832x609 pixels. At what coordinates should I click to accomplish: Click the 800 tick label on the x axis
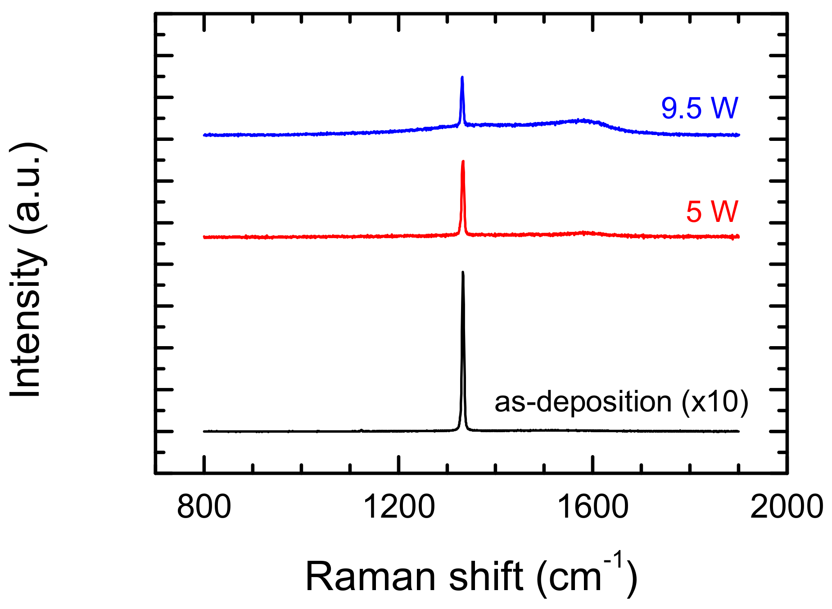pyautogui.click(x=204, y=507)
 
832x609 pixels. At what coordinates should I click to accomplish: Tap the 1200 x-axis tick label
pyautogui.click(x=399, y=507)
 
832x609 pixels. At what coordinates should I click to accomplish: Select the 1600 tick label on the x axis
pyautogui.click(x=593, y=507)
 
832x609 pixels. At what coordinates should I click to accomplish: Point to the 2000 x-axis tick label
pyautogui.click(x=787, y=507)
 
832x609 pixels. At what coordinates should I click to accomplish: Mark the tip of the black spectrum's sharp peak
pyautogui.click(x=462, y=272)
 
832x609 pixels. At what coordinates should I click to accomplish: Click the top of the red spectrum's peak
pyautogui.click(x=463, y=161)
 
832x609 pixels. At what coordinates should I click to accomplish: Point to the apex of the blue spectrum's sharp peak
pyautogui.click(x=462, y=77)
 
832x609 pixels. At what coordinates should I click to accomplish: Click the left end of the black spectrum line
pyautogui.click(x=204, y=431)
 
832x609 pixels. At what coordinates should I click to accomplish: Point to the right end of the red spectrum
pyautogui.click(x=739, y=236)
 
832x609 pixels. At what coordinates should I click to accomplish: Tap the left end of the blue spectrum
pyautogui.click(x=204, y=135)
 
